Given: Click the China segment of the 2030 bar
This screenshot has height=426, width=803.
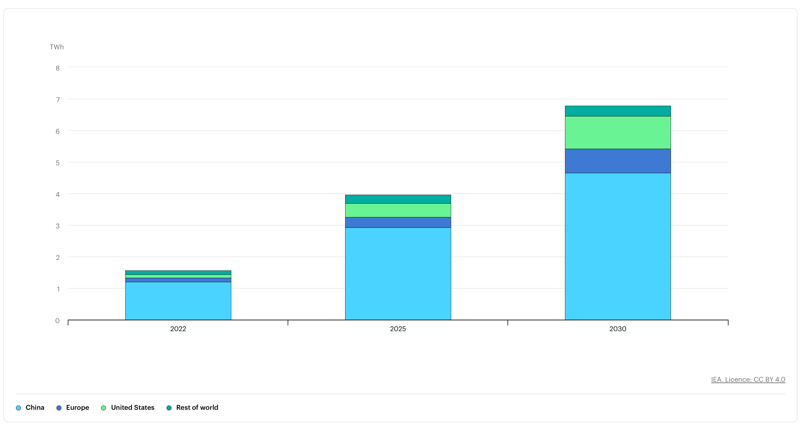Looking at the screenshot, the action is pos(618,246).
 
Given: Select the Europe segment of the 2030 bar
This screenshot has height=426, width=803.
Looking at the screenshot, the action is pos(618,161).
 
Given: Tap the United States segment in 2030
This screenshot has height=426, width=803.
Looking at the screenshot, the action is pos(618,133).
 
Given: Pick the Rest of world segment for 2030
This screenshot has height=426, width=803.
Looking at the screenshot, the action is pos(618,111).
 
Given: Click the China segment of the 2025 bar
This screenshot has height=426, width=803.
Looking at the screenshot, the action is pos(398,274).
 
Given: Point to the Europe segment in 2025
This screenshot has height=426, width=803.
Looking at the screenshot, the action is pos(398,222).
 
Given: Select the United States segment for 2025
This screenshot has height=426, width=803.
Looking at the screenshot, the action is pos(398,210).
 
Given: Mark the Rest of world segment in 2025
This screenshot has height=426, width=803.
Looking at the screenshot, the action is pos(398,199).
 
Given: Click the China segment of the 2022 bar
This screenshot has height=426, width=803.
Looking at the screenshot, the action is pos(178,301).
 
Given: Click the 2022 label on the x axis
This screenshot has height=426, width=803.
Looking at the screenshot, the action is pos(178,329).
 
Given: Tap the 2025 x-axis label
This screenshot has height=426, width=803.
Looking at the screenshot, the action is pos(398,329).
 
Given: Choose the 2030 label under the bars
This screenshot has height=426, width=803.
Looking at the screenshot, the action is pos(618,329).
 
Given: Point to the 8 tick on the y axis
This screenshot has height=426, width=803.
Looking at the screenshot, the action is pos(58,68).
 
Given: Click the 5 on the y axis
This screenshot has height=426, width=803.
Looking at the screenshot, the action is pos(58,163).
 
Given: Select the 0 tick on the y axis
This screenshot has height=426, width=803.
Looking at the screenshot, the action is pos(57,321).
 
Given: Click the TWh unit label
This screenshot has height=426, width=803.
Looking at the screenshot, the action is pos(57,47).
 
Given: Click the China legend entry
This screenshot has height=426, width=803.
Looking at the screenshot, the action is pos(30,407).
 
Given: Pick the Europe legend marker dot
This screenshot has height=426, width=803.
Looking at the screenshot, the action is pos(59,408).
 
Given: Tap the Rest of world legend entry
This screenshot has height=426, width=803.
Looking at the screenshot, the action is pos(192,407).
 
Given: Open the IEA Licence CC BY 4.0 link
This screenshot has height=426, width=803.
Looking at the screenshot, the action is pos(748,379).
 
